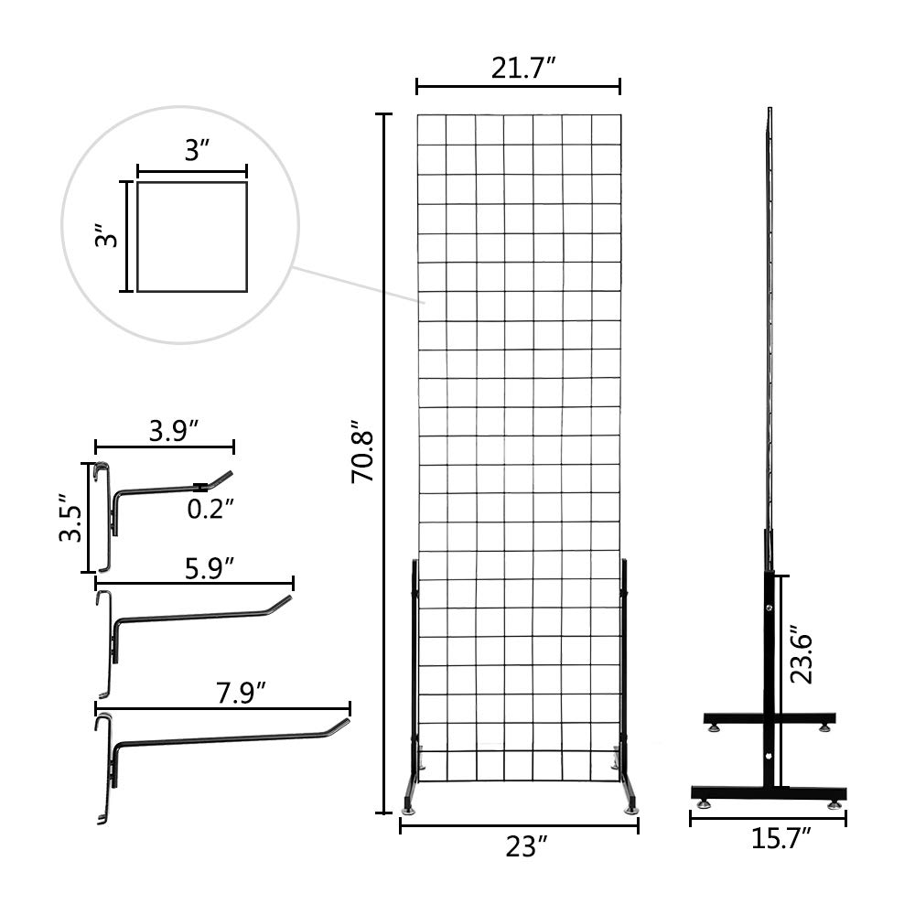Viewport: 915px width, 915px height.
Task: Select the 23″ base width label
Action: click(x=519, y=847)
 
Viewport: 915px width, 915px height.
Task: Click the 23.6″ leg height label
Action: click(x=803, y=654)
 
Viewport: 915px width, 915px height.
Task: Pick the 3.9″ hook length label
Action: click(x=174, y=430)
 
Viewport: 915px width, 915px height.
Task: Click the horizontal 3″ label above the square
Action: click(x=192, y=151)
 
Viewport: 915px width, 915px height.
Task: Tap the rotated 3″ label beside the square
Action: click(x=108, y=238)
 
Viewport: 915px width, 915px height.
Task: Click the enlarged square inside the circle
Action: click(x=192, y=236)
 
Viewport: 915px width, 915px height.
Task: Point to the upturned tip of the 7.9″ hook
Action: click(x=341, y=725)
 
